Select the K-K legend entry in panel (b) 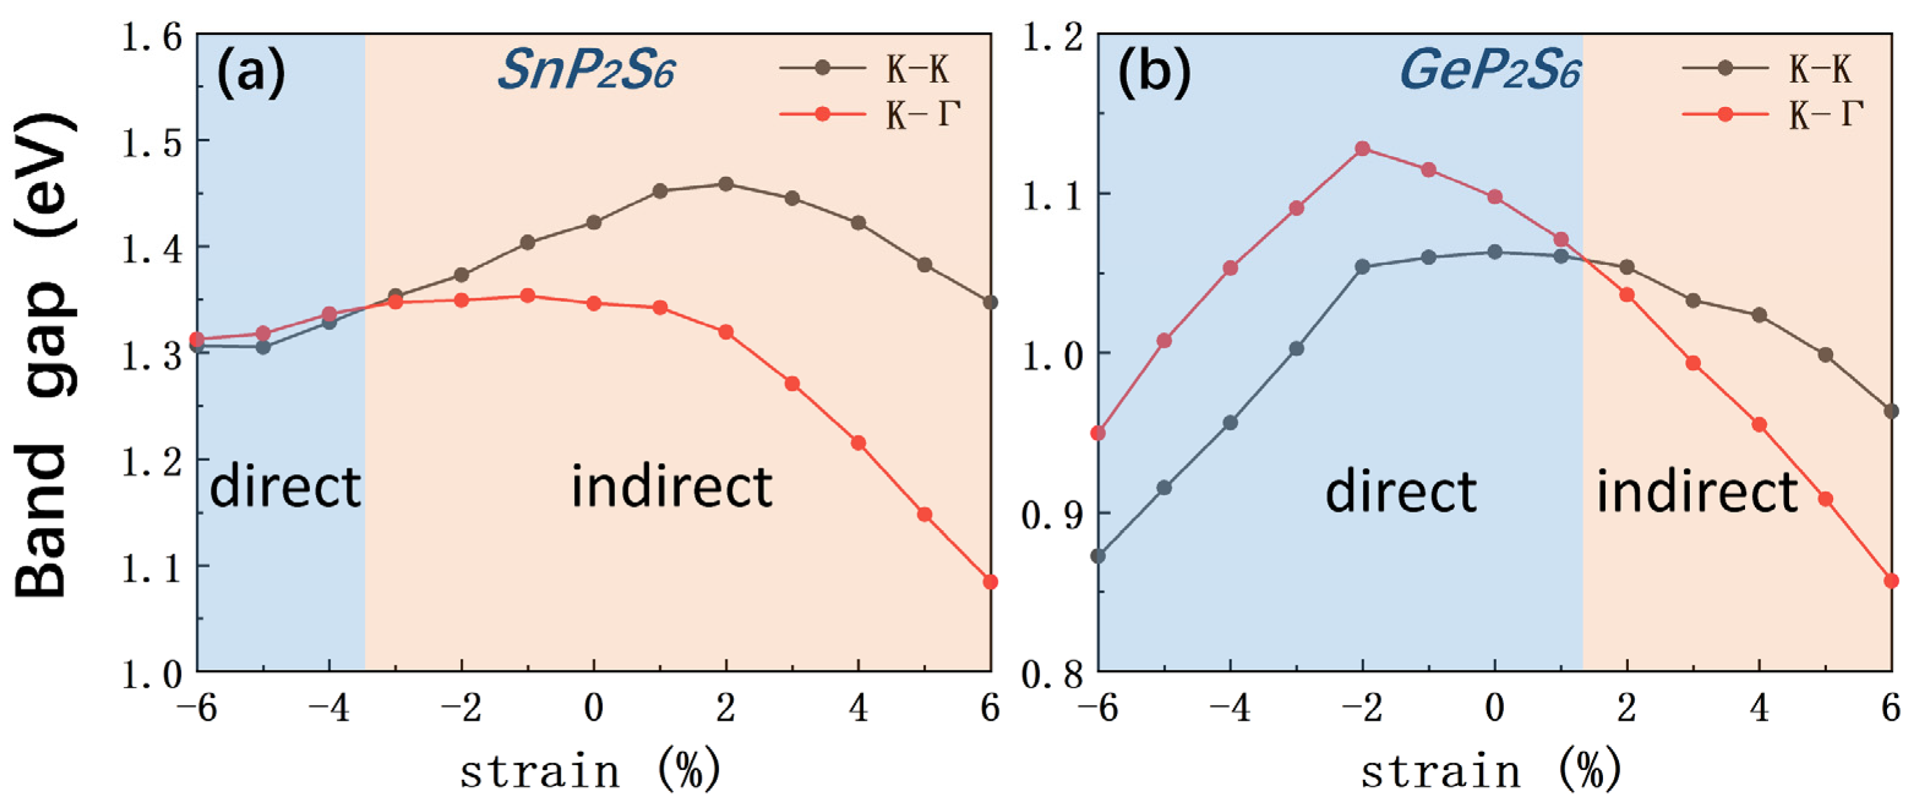coord(1768,69)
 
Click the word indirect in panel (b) coord(1697,492)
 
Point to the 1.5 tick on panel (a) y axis coord(152,142)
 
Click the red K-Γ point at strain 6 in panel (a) coord(990,582)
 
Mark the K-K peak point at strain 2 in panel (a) coord(726,184)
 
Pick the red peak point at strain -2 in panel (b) coord(1362,149)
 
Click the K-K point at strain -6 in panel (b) coord(1098,555)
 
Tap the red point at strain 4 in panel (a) coord(858,443)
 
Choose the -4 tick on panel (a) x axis coord(329,708)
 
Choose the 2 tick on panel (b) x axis coord(1626,708)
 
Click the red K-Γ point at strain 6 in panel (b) coord(1891,580)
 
